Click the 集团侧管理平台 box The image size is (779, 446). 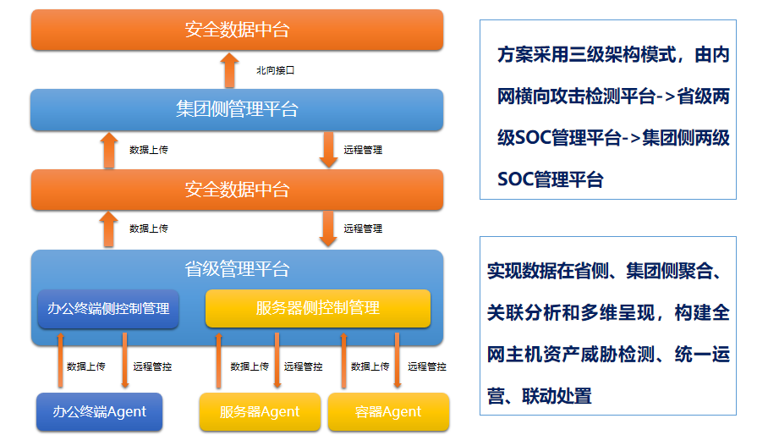click(x=237, y=110)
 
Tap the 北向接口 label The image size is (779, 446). click(x=275, y=70)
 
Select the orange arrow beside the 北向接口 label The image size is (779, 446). click(x=229, y=69)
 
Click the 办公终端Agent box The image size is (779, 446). click(x=99, y=412)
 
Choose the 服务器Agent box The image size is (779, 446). click(x=260, y=412)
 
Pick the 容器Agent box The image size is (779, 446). click(x=388, y=412)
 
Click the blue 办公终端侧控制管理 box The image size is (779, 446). click(x=108, y=309)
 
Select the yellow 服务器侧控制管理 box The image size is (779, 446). click(x=318, y=308)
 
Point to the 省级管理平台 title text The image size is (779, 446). click(x=237, y=270)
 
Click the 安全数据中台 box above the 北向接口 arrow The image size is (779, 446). click(x=237, y=30)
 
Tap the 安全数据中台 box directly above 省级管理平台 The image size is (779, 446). click(x=237, y=190)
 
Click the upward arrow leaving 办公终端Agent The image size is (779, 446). click(x=60, y=361)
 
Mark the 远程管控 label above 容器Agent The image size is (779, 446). click(x=426, y=366)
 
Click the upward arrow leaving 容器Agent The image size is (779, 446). click(x=343, y=361)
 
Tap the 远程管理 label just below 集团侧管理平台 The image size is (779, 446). click(x=363, y=150)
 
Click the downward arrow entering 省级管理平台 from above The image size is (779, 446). click(x=328, y=229)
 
